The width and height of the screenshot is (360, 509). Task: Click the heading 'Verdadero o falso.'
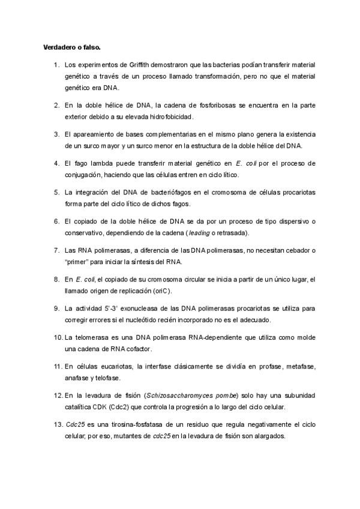coord(67,47)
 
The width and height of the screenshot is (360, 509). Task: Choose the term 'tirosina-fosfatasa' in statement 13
coord(133,425)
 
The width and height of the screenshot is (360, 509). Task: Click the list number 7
coord(56,250)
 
